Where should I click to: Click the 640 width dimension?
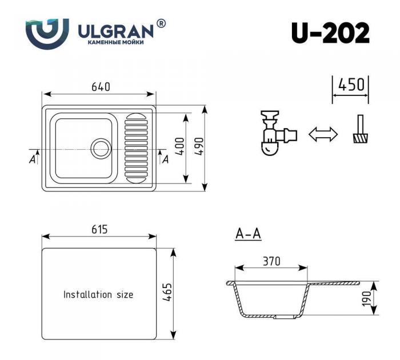point(100,87)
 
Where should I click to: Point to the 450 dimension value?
point(351,85)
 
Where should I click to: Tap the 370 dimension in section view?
point(271,261)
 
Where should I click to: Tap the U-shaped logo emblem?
point(47,33)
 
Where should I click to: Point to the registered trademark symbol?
point(161,23)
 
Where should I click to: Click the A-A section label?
point(248,234)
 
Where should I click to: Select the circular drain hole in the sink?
point(101,147)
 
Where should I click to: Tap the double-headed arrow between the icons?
point(323,134)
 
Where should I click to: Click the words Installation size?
point(98,295)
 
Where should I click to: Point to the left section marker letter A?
point(32,159)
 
